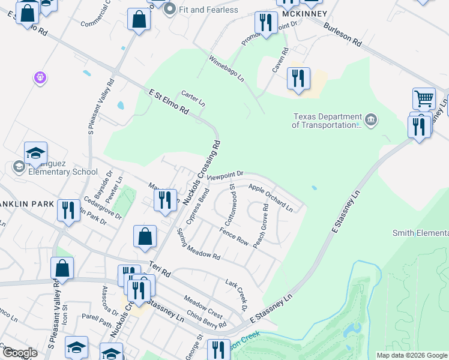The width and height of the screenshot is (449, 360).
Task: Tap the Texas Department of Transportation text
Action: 327,121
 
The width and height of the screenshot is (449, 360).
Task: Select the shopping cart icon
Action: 424,98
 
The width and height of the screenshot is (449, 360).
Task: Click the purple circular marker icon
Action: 40,77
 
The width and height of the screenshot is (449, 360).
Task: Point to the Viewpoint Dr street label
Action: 225,176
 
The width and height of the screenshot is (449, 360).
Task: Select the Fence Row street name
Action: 234,236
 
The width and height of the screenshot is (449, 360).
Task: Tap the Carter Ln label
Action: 193,99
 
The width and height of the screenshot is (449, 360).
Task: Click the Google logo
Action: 19,353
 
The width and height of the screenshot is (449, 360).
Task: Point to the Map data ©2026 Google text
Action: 411,355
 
